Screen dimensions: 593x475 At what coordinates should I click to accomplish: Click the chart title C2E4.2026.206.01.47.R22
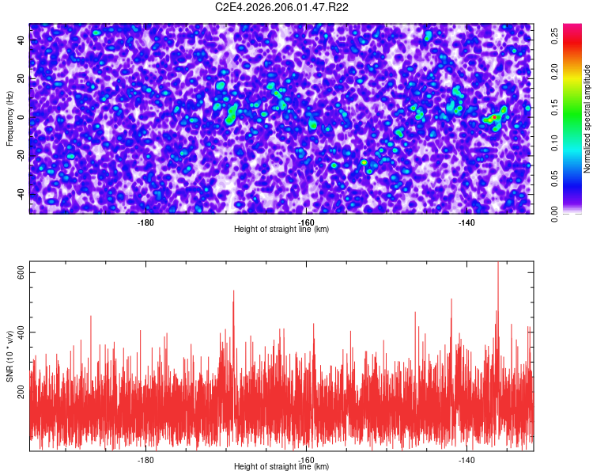tap(281, 7)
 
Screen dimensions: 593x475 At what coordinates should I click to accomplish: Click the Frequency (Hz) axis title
tap(9, 119)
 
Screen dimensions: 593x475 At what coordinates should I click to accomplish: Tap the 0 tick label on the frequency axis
tap(21, 117)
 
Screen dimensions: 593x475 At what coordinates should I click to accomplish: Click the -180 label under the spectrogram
tap(145, 222)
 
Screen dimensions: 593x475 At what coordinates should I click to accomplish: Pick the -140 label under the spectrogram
tap(466, 222)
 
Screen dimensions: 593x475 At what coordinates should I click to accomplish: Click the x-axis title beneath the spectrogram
tap(281, 229)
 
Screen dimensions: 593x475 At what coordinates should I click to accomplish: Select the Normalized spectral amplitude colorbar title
tap(587, 119)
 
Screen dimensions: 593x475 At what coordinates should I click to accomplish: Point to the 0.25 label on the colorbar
tap(555, 36)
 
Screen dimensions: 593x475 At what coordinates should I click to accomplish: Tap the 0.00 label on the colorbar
tap(555, 215)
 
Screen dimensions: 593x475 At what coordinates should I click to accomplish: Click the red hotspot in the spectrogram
tap(494, 118)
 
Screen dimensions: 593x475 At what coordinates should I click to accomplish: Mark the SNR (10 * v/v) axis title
tap(9, 356)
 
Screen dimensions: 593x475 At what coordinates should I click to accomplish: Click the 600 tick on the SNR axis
tap(21, 272)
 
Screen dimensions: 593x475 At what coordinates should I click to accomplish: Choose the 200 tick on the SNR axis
tap(21, 392)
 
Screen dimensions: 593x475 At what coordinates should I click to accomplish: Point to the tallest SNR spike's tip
tap(497, 262)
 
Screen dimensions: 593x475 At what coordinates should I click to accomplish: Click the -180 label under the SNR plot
tap(145, 460)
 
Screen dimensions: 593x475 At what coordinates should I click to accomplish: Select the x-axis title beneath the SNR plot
tap(281, 466)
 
